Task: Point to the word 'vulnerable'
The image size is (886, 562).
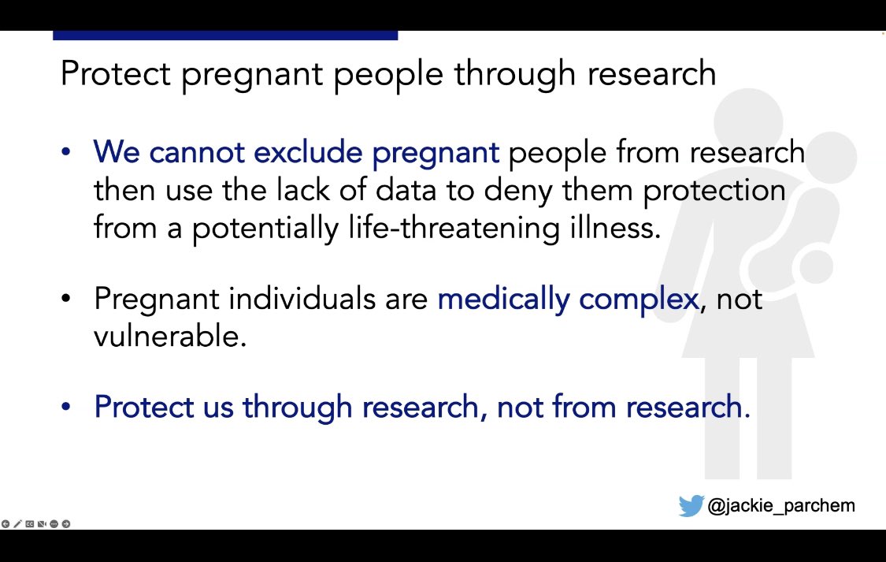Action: (170, 337)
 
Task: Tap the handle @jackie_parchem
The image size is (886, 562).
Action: (780, 505)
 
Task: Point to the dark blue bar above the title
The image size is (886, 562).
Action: (225, 35)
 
